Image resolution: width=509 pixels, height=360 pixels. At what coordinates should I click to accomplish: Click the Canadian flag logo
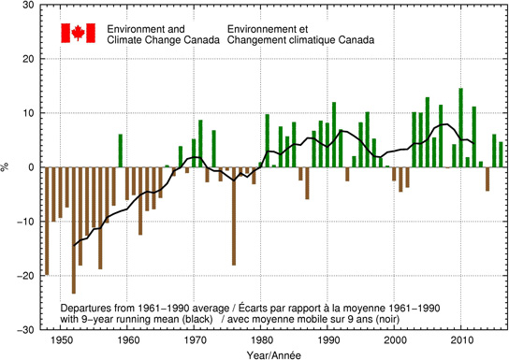tap(74, 34)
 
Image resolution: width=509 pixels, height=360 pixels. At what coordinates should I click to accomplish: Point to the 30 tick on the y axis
tap(29, 6)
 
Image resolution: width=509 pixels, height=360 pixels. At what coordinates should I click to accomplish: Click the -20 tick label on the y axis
tap(26, 276)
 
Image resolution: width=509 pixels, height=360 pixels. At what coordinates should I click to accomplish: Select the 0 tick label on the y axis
tap(31, 167)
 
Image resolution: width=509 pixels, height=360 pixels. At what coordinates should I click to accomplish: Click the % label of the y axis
tap(7, 167)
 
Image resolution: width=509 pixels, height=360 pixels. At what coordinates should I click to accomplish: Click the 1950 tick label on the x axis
tap(61, 338)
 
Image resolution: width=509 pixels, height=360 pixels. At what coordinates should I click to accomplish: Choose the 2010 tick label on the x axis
tap(461, 338)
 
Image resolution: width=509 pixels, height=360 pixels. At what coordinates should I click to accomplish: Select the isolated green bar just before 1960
tap(121, 151)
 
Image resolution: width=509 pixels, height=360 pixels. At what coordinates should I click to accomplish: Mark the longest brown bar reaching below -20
tap(74, 230)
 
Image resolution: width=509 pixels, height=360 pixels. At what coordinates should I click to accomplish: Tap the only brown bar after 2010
tap(487, 179)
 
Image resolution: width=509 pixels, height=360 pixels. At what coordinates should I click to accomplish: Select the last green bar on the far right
tap(501, 155)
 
